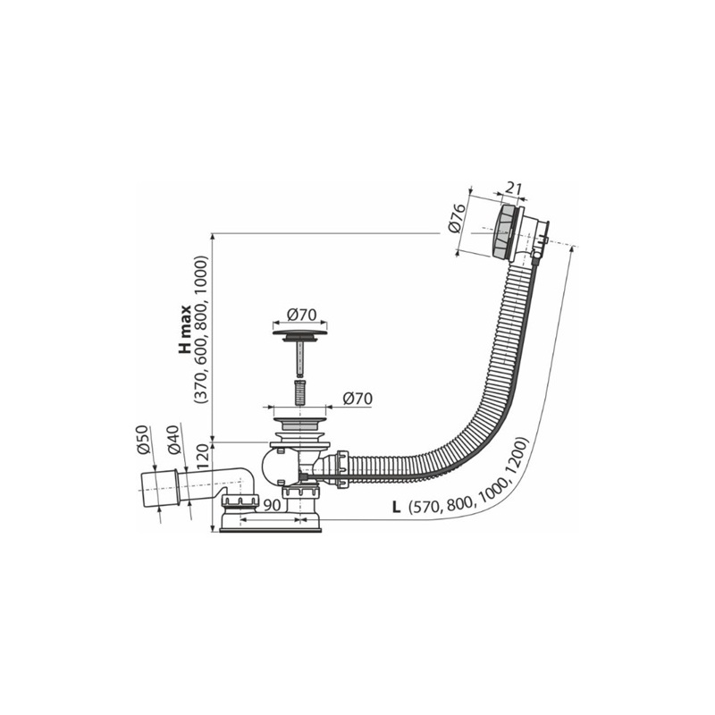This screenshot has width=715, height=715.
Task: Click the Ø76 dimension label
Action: (457, 218)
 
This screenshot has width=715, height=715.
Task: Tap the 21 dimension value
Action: (513, 189)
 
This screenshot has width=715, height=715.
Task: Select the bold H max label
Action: (185, 329)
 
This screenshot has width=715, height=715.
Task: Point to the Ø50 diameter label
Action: (143, 440)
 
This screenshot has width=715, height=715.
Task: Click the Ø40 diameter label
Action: (174, 440)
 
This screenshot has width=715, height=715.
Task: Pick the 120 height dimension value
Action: (202, 457)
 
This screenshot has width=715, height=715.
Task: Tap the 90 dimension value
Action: (273, 505)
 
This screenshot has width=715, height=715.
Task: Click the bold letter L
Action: (396, 507)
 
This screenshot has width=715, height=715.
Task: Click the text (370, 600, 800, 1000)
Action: (201, 329)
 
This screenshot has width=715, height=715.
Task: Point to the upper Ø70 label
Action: (301, 315)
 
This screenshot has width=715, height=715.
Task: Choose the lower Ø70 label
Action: (357, 398)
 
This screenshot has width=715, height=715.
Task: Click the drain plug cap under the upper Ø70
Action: (300, 333)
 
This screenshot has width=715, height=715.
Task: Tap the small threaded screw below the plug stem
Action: (299, 391)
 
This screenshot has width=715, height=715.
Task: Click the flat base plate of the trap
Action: (271, 530)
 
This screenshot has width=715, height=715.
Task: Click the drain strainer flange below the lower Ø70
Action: (300, 420)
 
